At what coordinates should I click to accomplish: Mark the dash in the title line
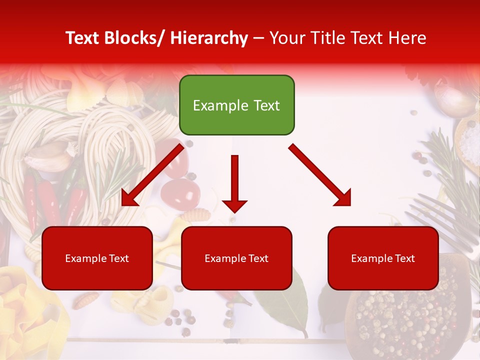[x=258, y=39]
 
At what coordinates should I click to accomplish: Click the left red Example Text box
[x=97, y=258]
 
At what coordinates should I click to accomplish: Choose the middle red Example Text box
[x=236, y=258]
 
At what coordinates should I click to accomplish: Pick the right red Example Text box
[x=383, y=258]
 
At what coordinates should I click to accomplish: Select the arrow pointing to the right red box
[x=320, y=175]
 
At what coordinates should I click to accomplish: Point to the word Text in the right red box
[x=405, y=258]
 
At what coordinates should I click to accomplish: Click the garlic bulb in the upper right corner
[x=452, y=97]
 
